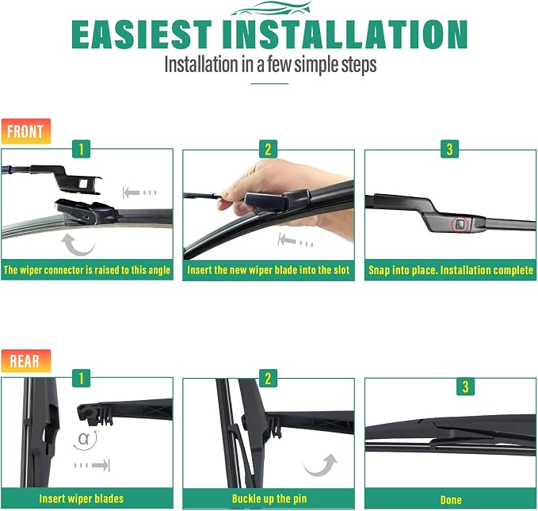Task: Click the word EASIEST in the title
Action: pyautogui.click(x=142, y=34)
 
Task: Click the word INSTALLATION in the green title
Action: pyautogui.click(x=345, y=34)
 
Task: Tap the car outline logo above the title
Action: pyautogui.click(x=271, y=9)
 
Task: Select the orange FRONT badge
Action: pyautogui.click(x=26, y=132)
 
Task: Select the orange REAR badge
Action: pyautogui.click(x=26, y=361)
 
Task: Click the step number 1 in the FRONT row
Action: pyautogui.click(x=82, y=149)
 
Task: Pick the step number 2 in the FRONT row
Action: pyautogui.click(x=268, y=149)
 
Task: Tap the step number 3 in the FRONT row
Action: pyautogui.click(x=449, y=149)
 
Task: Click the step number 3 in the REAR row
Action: pyautogui.click(x=465, y=387)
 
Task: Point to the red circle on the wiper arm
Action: pyautogui.click(x=460, y=225)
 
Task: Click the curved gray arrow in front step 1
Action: pyautogui.click(x=77, y=246)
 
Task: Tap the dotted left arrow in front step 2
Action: pyautogui.click(x=295, y=240)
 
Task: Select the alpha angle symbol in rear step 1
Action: pyautogui.click(x=83, y=439)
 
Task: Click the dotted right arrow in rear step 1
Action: pyautogui.click(x=92, y=465)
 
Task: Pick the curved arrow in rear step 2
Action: pyautogui.click(x=321, y=466)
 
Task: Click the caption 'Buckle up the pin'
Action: pyautogui.click(x=269, y=498)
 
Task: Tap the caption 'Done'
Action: pyautogui.click(x=451, y=500)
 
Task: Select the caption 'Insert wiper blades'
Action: pyautogui.click(x=82, y=498)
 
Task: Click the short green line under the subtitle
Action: pyautogui.click(x=269, y=83)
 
